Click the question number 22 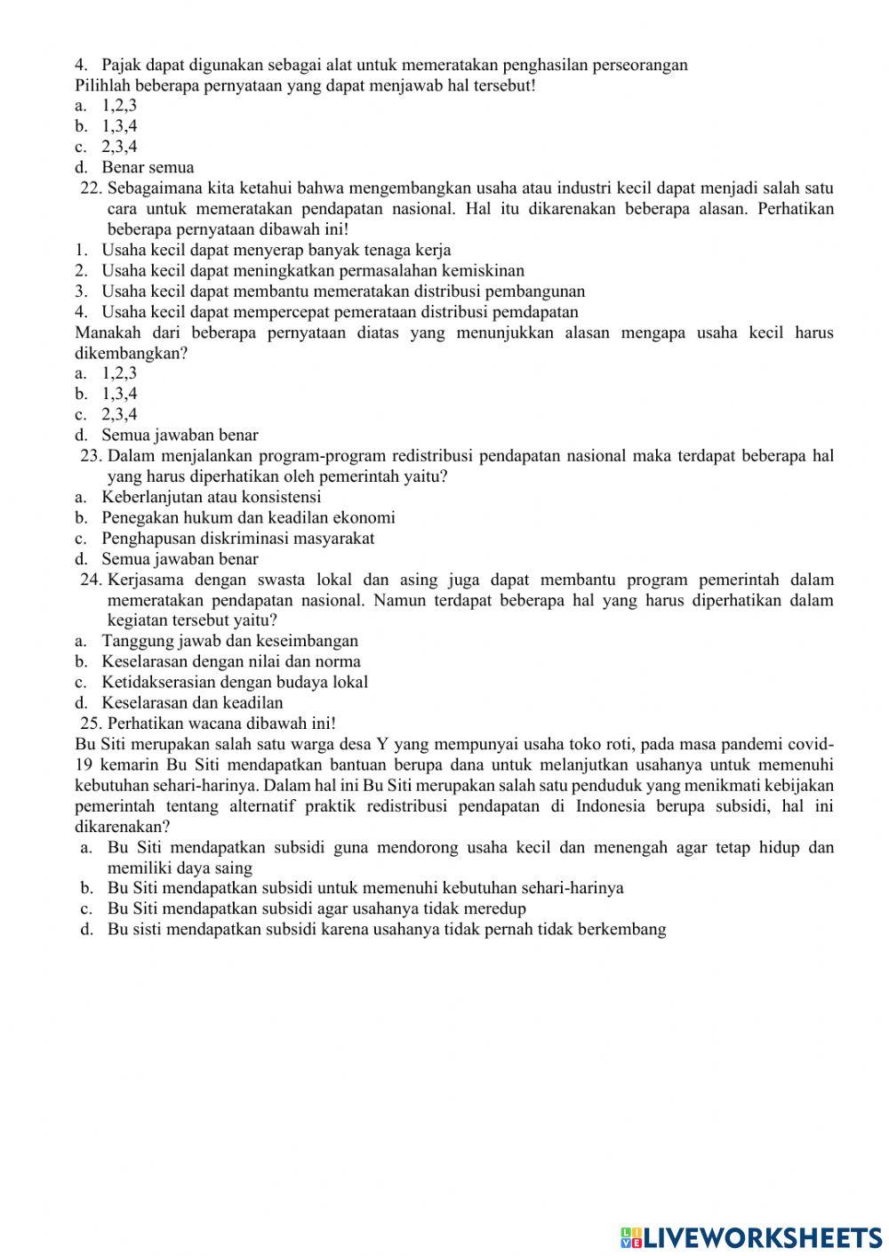click(x=92, y=188)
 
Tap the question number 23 click(x=92, y=456)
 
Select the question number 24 click(x=92, y=580)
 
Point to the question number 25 click(x=92, y=724)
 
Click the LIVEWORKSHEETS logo click(x=751, y=1236)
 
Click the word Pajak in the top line click(x=121, y=65)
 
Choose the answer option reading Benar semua click(x=148, y=167)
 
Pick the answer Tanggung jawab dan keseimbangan click(x=229, y=641)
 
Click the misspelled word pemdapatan click(x=536, y=312)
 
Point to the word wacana click(x=198, y=724)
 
